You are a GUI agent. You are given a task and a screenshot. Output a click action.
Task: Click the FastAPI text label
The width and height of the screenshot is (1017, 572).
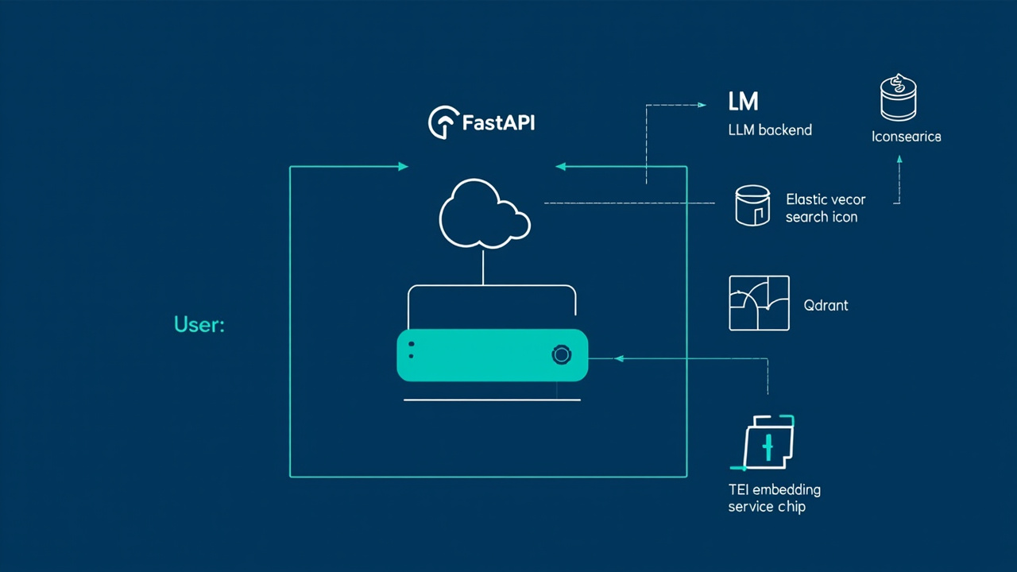coord(498,122)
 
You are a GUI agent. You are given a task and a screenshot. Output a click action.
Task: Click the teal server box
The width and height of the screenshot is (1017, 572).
coord(492,355)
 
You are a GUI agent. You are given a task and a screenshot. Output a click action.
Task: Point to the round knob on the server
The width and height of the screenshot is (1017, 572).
coord(561,354)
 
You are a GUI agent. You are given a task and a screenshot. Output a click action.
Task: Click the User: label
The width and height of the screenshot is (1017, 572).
coord(199,324)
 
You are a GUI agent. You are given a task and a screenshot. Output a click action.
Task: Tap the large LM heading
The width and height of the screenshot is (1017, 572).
coord(743,101)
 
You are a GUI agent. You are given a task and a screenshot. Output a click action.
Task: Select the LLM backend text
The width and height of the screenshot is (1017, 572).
coord(770,129)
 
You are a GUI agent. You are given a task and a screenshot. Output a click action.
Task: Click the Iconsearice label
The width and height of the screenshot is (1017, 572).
coord(907,136)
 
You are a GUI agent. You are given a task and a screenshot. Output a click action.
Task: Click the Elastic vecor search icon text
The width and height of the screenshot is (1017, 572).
coord(826,208)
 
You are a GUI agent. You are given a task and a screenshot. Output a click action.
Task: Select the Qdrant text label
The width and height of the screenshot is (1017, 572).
coord(826,305)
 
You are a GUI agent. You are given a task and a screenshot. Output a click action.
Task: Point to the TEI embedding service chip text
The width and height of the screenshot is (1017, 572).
coord(775,498)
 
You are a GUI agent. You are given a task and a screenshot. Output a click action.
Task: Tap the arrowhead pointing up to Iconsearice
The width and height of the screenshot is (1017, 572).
coord(899,160)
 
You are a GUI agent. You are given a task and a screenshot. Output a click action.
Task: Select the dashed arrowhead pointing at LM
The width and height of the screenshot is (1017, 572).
coord(702,105)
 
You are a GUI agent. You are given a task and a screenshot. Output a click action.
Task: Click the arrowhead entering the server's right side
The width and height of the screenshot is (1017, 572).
coord(618,358)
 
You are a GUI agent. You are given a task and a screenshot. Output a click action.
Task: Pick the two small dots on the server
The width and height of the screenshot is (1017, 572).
coord(412,350)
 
